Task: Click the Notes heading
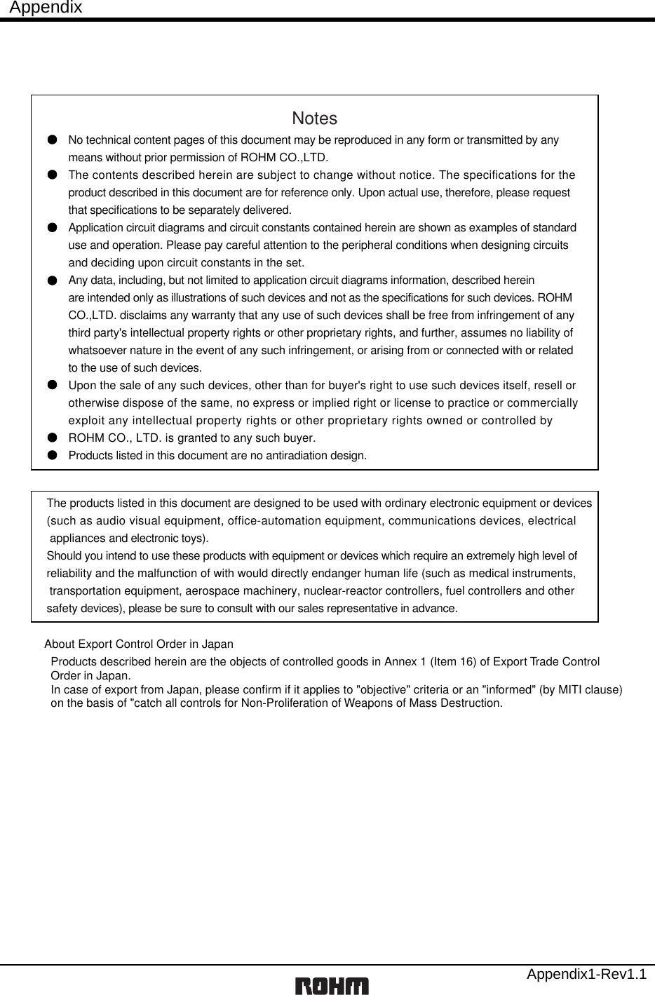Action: (314, 119)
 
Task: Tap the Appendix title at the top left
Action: (46, 8)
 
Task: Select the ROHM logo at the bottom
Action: (332, 985)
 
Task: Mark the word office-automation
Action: (283, 521)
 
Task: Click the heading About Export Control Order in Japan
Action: (139, 644)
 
